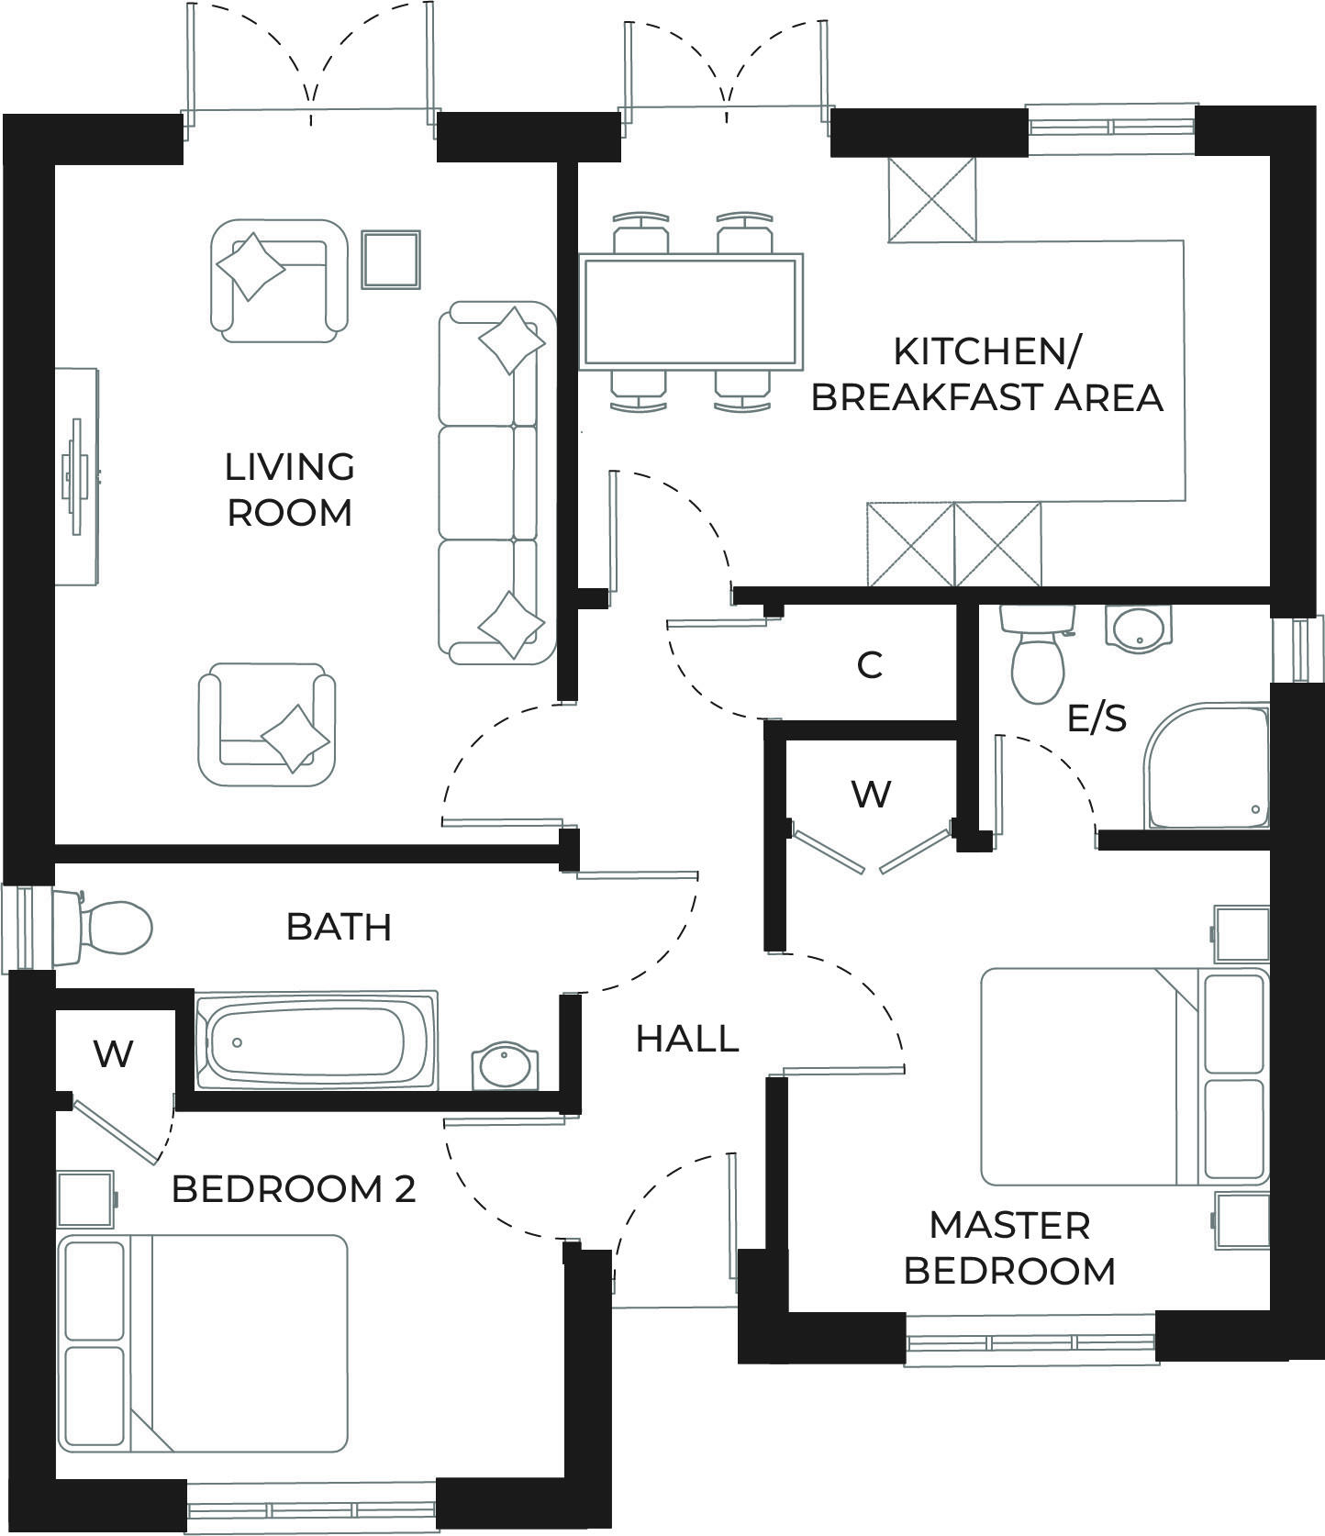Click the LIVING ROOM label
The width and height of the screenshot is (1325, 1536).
click(x=290, y=489)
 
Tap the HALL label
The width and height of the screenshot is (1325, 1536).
click(x=687, y=1039)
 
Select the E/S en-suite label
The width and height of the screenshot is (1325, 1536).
click(x=1097, y=718)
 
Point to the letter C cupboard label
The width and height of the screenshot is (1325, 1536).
click(x=870, y=664)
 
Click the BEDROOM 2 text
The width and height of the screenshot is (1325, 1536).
click(x=294, y=1189)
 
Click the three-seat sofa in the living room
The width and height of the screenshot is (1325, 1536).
click(x=497, y=484)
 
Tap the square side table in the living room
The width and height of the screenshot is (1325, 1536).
click(x=391, y=258)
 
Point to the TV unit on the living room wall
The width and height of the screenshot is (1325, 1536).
click(x=77, y=475)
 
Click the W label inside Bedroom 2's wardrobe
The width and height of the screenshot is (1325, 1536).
click(x=114, y=1054)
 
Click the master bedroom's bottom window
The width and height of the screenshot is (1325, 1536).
click(x=1030, y=1342)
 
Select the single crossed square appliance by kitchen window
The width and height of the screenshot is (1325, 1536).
click(x=931, y=199)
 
